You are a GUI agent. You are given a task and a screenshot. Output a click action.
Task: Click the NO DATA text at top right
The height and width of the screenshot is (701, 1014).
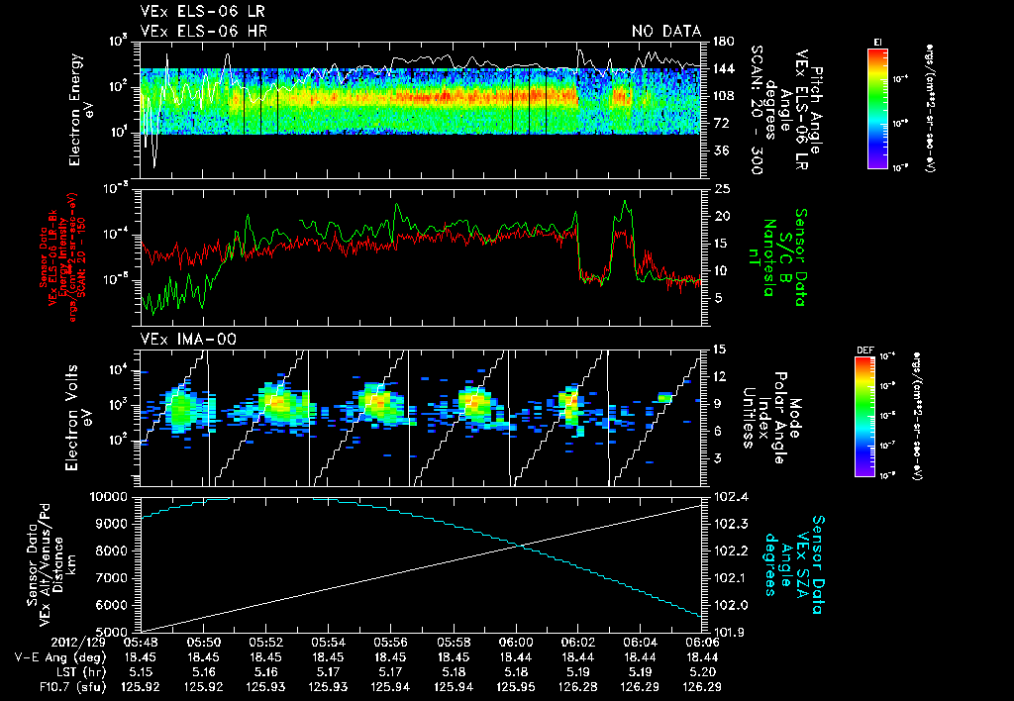coord(666,32)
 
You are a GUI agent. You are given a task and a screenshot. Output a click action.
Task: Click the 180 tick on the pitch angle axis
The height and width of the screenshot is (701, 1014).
coord(722,42)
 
